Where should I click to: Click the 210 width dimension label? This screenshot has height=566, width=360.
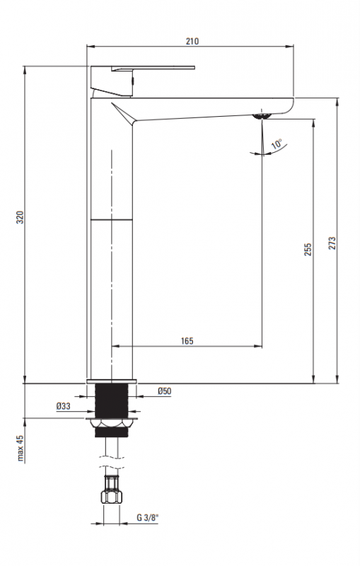(192, 42)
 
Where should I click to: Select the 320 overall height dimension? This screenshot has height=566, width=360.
(21, 217)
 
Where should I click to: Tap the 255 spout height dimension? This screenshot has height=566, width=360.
(308, 250)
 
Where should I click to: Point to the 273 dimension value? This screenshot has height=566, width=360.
(332, 243)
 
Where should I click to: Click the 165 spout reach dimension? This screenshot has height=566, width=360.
(187, 341)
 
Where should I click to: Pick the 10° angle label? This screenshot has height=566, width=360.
(277, 144)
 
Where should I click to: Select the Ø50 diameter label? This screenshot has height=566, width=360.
(165, 391)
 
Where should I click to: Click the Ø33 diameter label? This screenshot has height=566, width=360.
(64, 406)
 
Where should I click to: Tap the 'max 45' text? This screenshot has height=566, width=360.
(21, 448)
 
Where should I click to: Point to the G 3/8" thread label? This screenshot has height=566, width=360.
(148, 517)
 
